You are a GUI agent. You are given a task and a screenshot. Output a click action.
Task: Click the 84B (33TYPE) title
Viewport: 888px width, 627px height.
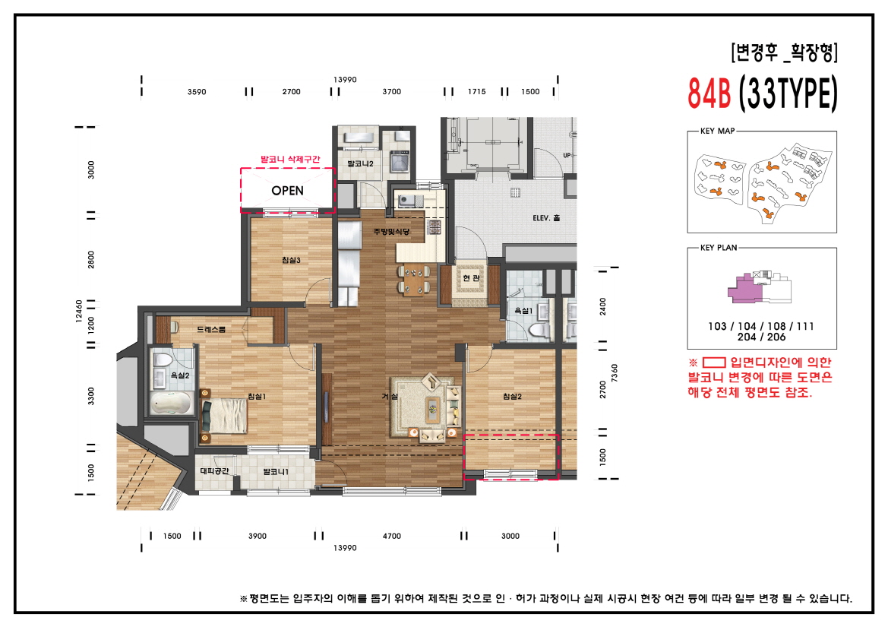[x=762, y=93]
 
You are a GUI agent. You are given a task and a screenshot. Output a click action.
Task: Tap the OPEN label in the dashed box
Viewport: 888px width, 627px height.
[x=287, y=191]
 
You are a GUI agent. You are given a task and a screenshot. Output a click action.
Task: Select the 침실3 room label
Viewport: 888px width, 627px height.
[x=291, y=261]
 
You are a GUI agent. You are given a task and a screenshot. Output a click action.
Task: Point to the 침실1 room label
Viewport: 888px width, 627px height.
[x=257, y=396]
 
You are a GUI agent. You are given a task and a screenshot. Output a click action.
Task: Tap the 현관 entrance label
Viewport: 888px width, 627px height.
[x=472, y=277]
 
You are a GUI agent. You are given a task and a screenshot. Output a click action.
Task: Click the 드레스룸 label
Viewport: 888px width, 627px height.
[x=211, y=330]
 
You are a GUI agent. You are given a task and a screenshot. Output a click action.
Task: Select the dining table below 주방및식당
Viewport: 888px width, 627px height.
[x=413, y=279]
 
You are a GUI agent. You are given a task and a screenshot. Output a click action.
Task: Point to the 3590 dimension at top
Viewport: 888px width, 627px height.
[x=197, y=92]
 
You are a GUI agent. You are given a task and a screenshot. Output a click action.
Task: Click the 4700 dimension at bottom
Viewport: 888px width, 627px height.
[x=392, y=537]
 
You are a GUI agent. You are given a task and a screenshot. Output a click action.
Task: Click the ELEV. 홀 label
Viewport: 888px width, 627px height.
[x=546, y=219]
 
